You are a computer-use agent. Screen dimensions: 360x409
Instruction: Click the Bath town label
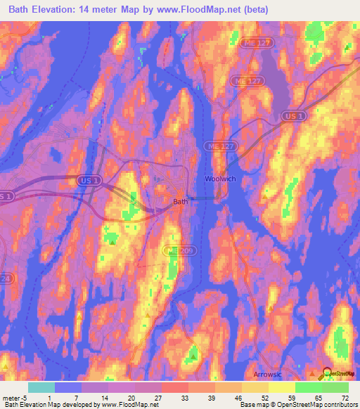[x=180, y=201]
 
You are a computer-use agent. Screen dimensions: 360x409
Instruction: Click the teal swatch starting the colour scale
[x=41, y=387]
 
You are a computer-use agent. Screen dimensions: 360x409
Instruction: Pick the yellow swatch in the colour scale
[x=282, y=387]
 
